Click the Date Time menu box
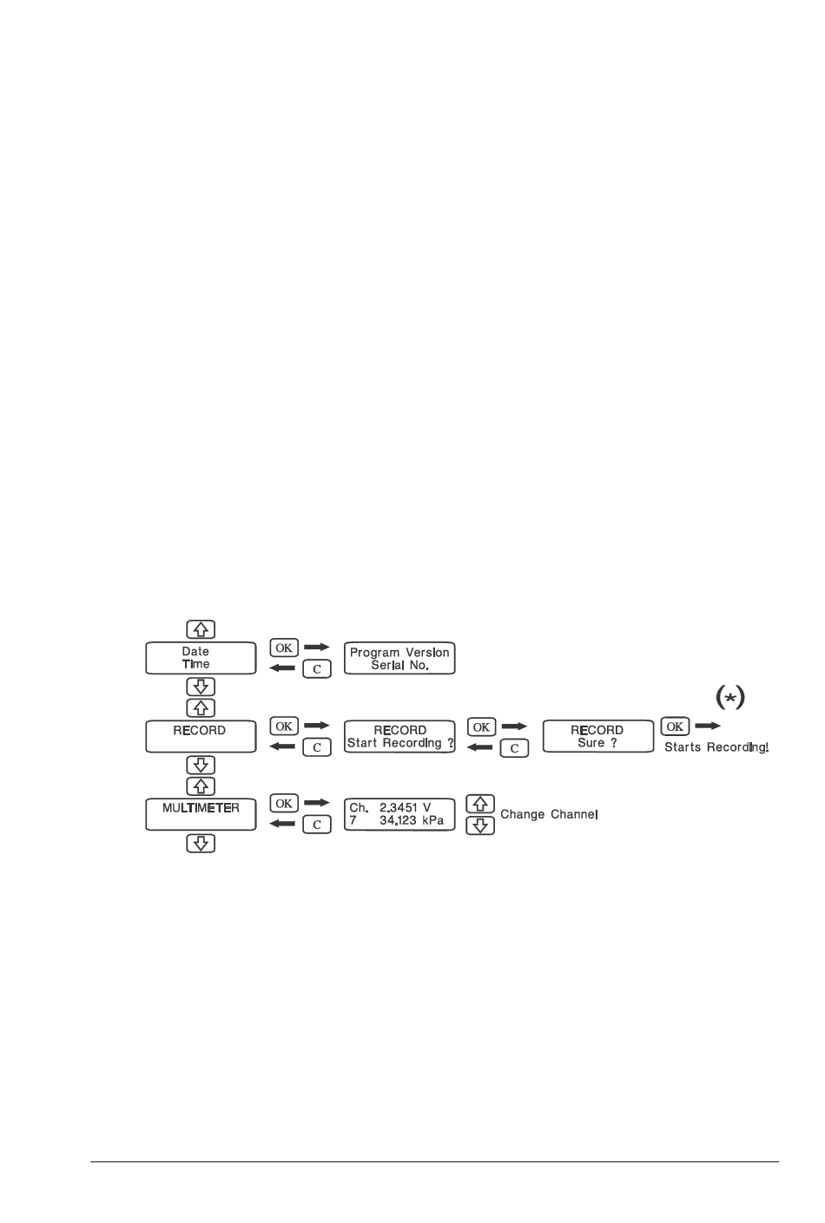pos(201,658)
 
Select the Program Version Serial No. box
pos(399,659)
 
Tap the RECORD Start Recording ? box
pos(399,737)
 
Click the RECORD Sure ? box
pos(597,737)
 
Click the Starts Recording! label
pos(716,747)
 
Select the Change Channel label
pos(550,816)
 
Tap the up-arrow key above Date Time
pos(201,629)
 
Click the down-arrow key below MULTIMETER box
pos(201,843)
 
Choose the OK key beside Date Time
pos(284,648)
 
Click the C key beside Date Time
pos(317,669)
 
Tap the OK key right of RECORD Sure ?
pos(675,727)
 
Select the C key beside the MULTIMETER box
pos(317,825)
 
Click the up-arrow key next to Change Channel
pos(481,805)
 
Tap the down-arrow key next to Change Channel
pos(481,825)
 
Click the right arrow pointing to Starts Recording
pos(709,726)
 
